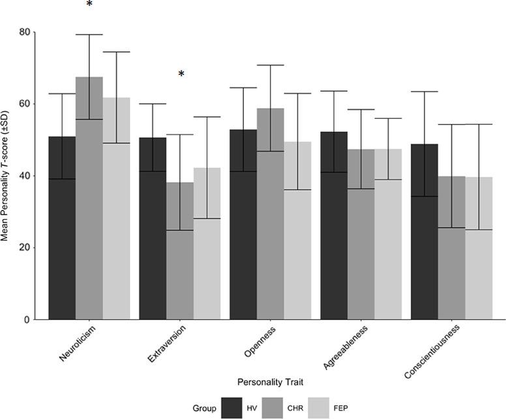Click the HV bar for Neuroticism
(x=62, y=228)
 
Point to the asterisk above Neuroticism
(x=89, y=6)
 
